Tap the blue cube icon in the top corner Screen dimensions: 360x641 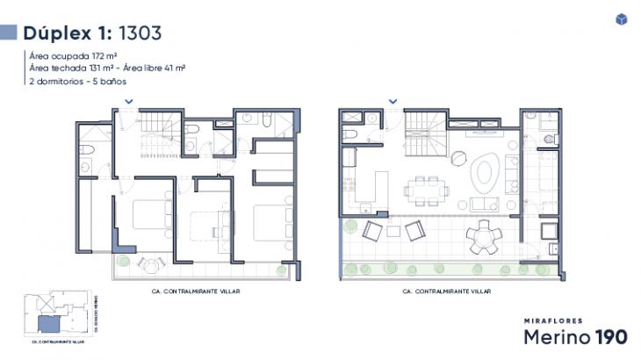tap(621, 20)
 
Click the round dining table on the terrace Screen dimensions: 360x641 tap(485, 235)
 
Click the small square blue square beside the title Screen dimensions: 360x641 tap(10, 33)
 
